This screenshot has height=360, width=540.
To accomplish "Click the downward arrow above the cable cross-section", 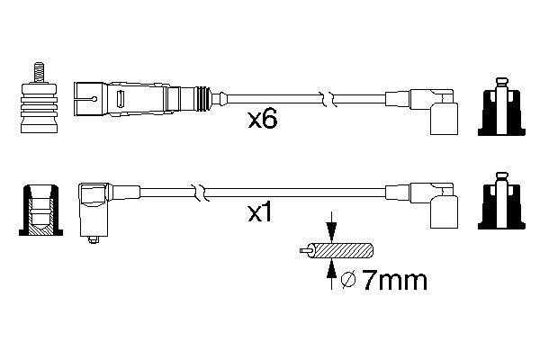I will pyautogui.click(x=332, y=229).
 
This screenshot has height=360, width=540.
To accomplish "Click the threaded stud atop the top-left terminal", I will pyautogui.click(x=39, y=70).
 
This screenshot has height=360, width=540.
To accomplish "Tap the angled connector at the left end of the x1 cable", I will pyautogui.click(x=95, y=207).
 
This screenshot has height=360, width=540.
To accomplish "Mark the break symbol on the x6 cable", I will pyautogui.click(x=332, y=95).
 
